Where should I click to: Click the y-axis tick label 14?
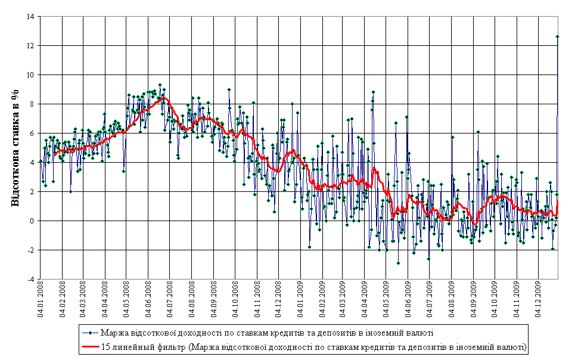click(x=29, y=17)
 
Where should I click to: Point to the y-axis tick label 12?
click(x=29, y=46)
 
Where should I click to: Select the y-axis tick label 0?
click(x=31, y=221)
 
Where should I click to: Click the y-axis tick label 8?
click(x=31, y=104)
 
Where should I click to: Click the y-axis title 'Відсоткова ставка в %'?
click(x=16, y=148)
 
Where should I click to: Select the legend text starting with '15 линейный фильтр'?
click(x=314, y=345)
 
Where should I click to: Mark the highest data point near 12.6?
click(x=557, y=36)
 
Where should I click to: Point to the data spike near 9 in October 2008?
click(x=229, y=89)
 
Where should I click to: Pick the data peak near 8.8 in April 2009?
click(x=373, y=92)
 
